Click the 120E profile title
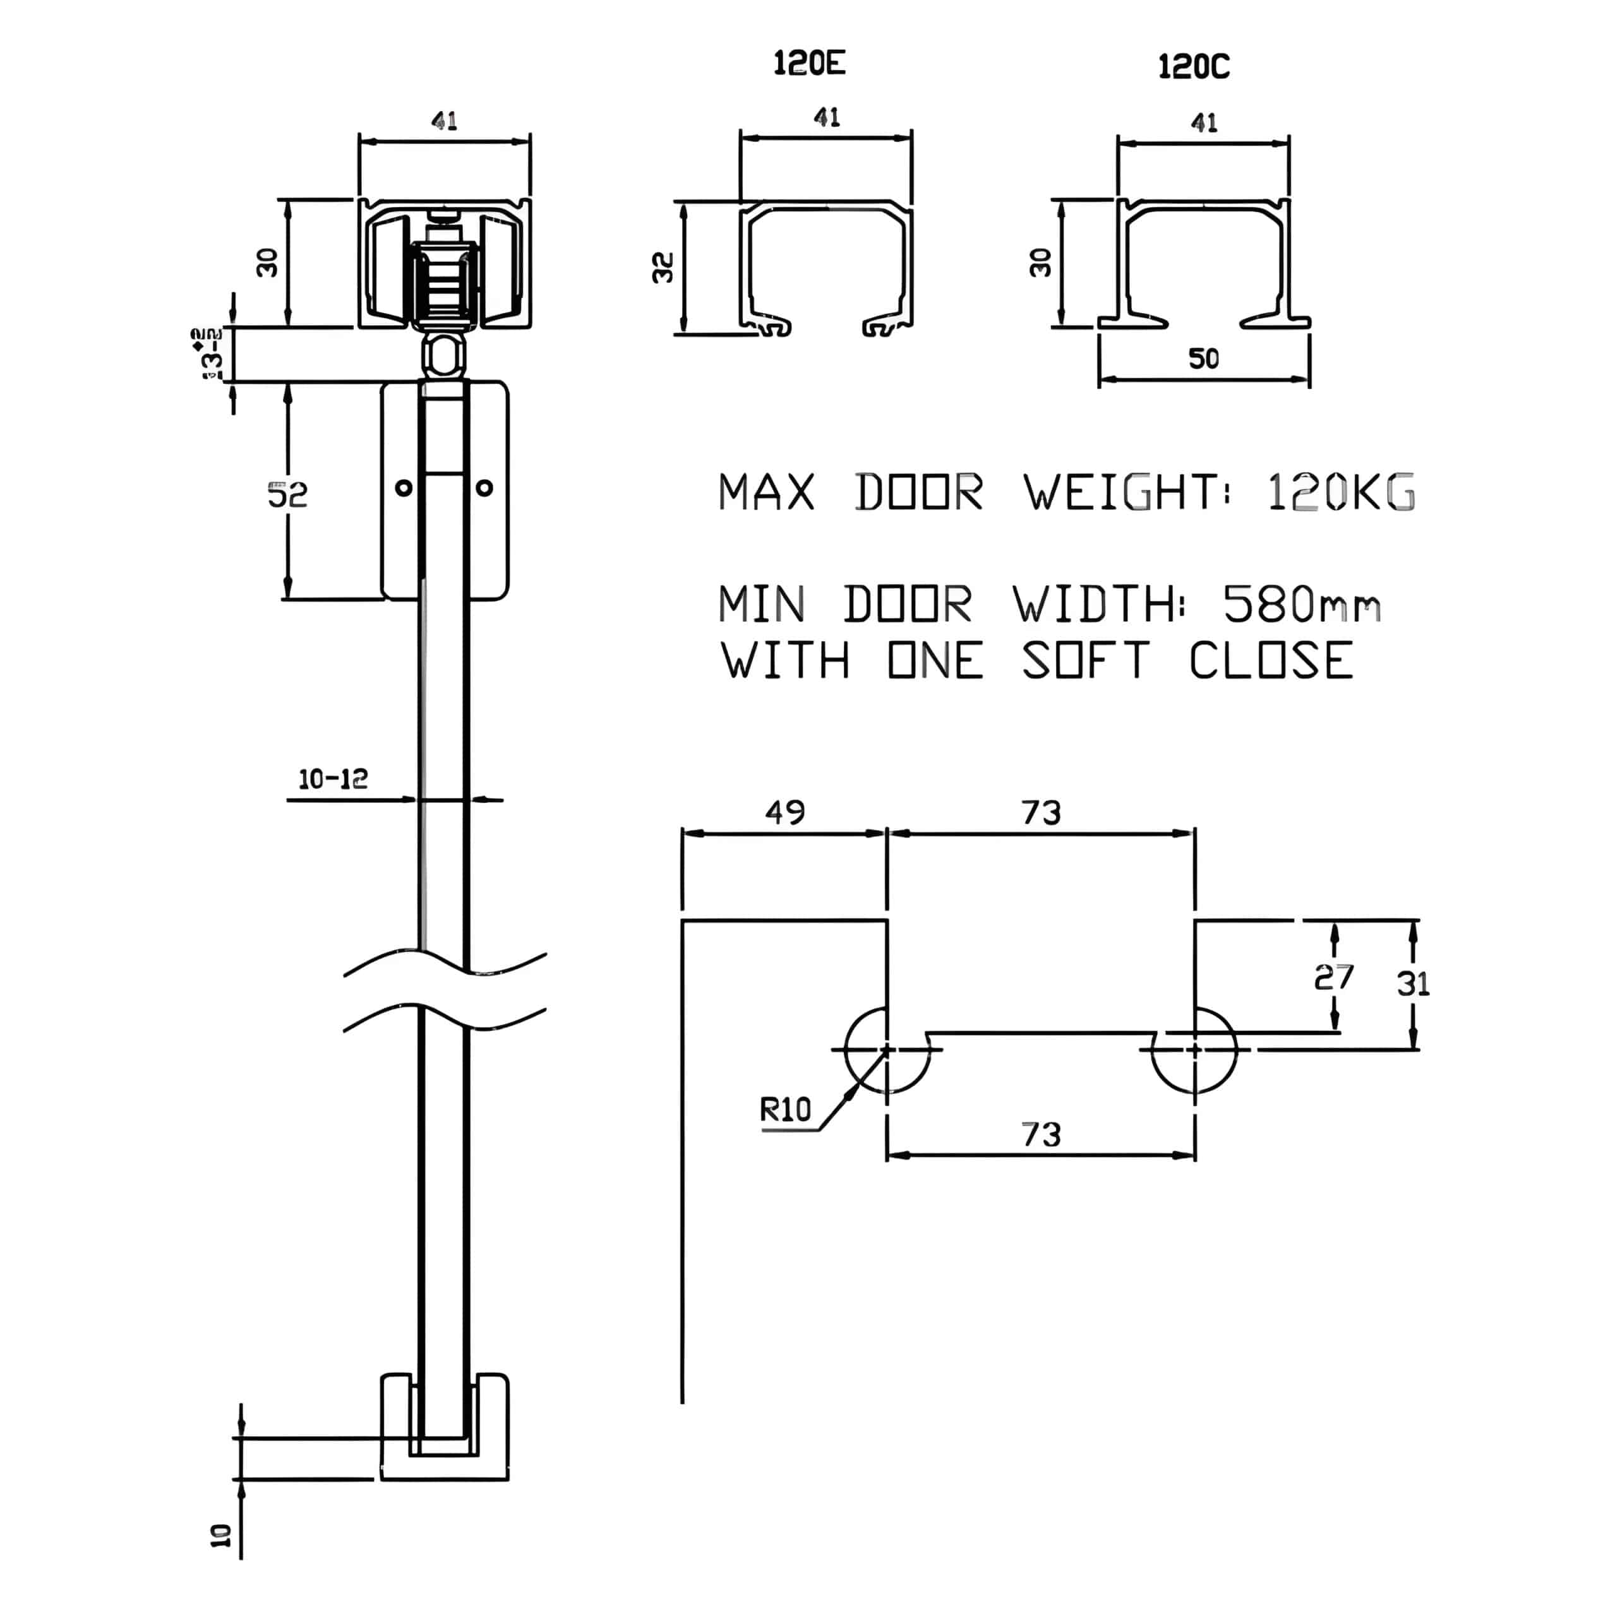point(808,64)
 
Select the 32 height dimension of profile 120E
point(663,268)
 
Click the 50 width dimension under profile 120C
point(1203,359)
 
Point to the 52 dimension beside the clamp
point(287,495)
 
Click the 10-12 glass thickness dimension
point(333,780)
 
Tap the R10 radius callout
point(785,1110)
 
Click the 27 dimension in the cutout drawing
point(1333,977)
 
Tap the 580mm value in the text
point(1301,604)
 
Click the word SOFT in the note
point(1085,661)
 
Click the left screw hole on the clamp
point(404,488)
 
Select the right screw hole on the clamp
point(484,488)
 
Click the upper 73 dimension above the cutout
point(1041,812)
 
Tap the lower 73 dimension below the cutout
point(1041,1134)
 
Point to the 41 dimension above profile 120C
point(1203,123)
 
